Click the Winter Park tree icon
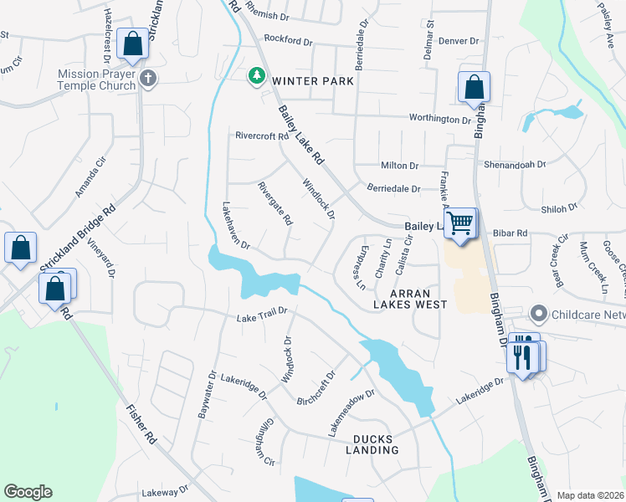coord(256,77)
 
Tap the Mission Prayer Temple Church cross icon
coord(148,79)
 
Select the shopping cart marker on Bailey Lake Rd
coord(459,224)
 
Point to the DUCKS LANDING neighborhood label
coord(376,444)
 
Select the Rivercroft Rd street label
coord(262,136)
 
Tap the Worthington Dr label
coord(439,120)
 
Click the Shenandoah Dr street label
coord(515,165)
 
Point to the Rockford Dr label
coord(287,38)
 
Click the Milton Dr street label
coord(399,166)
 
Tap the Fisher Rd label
coord(141,423)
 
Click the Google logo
coord(28,492)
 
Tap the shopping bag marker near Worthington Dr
coord(474,88)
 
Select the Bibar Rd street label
coord(511,233)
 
